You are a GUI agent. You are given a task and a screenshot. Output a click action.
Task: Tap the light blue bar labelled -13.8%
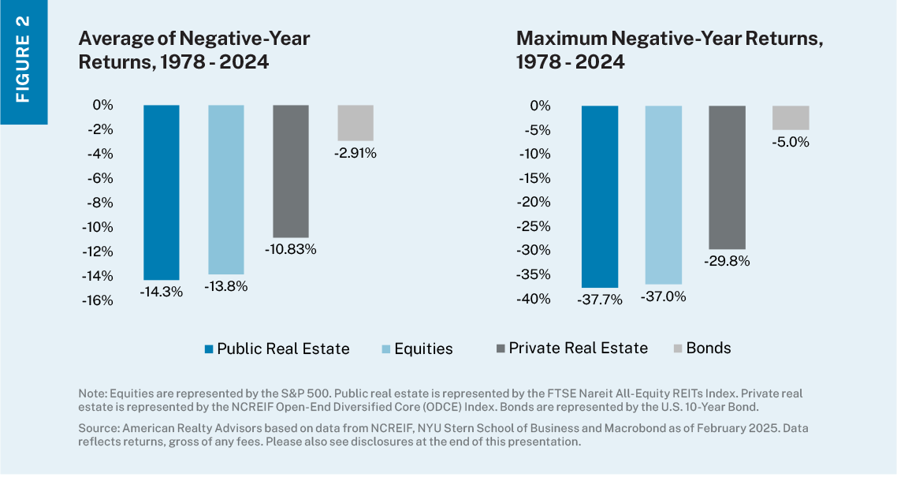click(x=226, y=189)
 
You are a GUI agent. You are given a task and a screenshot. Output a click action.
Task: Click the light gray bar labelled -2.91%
click(x=355, y=123)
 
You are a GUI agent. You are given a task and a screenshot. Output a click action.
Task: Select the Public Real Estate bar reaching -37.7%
click(x=600, y=196)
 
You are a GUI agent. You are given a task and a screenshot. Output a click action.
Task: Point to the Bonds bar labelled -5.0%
click(x=791, y=117)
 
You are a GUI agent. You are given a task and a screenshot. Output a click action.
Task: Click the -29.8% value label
click(x=727, y=261)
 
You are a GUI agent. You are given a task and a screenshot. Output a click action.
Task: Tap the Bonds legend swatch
click(x=677, y=348)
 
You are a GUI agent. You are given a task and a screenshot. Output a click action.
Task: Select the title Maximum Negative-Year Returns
click(x=669, y=50)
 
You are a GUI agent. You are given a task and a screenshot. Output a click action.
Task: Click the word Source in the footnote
click(x=97, y=427)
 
